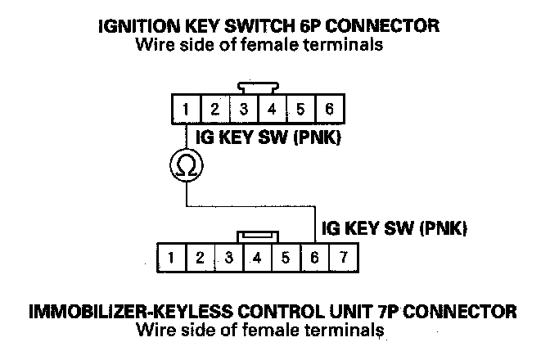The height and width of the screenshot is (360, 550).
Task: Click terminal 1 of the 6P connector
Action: pyautogui.click(x=187, y=109)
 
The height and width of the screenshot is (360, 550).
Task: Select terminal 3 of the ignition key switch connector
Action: pyautogui.click(x=244, y=109)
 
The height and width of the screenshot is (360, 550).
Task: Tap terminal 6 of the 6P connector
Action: pyautogui.click(x=330, y=109)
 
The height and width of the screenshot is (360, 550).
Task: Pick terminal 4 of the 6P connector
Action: pyautogui.click(x=273, y=109)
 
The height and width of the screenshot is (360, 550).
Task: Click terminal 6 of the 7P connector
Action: pyautogui.click(x=314, y=258)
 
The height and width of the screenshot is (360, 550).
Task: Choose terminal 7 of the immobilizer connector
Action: pyautogui.click(x=344, y=258)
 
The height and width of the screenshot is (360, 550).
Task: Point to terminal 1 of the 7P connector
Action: pyautogui.click(x=172, y=258)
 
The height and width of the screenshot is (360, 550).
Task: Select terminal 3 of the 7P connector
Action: pyautogui.click(x=229, y=258)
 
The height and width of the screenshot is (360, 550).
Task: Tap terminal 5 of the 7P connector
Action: pyautogui.click(x=286, y=258)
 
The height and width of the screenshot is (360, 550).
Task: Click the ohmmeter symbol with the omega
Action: pyautogui.click(x=187, y=165)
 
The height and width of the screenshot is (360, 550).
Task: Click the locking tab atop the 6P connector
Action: pyautogui.click(x=258, y=88)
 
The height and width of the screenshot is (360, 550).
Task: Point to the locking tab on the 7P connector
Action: pyautogui.click(x=258, y=237)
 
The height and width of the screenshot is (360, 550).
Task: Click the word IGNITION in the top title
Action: pyautogui.click(x=139, y=26)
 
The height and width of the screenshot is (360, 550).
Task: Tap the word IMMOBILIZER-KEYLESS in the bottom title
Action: pyautogui.click(x=130, y=312)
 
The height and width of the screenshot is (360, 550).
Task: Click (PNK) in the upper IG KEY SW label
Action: pyautogui.click(x=317, y=137)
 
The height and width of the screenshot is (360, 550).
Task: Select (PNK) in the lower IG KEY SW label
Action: pyautogui.click(x=444, y=228)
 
